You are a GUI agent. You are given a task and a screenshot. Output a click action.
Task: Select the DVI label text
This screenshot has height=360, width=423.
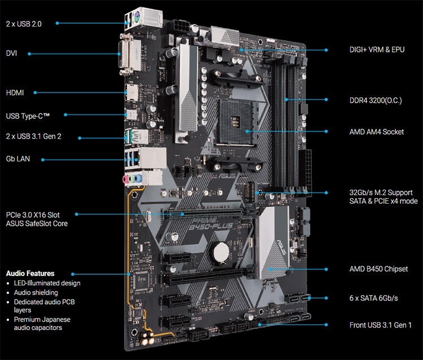(x=12, y=54)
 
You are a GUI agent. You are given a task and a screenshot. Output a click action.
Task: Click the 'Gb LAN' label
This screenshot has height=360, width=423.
(x=17, y=159)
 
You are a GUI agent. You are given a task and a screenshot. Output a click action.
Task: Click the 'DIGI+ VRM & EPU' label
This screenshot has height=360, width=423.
(x=377, y=50)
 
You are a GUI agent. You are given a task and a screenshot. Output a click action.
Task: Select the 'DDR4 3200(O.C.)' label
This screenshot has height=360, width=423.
(x=377, y=99)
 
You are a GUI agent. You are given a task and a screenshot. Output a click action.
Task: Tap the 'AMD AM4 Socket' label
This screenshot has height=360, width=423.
(x=377, y=131)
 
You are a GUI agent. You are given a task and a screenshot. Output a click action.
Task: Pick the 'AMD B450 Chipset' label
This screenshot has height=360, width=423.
(x=378, y=269)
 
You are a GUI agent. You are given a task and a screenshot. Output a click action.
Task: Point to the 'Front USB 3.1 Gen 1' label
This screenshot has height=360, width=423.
(x=381, y=325)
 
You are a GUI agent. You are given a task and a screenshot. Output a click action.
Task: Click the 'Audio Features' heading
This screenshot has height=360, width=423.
(x=30, y=273)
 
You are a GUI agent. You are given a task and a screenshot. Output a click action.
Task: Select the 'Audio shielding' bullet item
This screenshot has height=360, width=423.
(x=36, y=293)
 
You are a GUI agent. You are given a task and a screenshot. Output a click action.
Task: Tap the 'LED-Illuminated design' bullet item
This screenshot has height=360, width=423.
(x=47, y=283)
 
